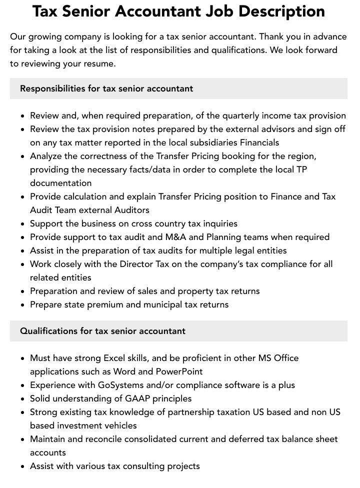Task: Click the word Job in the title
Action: coord(219,11)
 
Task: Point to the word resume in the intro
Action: coord(99,63)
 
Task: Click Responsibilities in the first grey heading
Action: coord(52,88)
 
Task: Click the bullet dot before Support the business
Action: coord(23,224)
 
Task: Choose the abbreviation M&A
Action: coord(174,237)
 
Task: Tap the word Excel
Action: coord(115,358)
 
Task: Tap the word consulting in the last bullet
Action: coord(142,466)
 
